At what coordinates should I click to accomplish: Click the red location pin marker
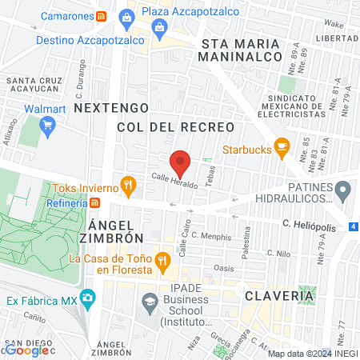coord(181,163)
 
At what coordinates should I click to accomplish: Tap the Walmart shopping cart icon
coord(47,124)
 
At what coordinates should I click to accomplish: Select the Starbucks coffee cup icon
coord(281,146)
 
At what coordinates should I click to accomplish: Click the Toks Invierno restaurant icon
coord(128,188)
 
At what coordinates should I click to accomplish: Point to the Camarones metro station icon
coord(100,16)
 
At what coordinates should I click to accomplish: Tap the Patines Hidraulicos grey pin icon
coord(343,191)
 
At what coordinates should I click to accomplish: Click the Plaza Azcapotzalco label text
coord(186,12)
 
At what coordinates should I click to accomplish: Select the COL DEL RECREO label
coord(175,127)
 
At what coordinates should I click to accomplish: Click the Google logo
coord(26,350)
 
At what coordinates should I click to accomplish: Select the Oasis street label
coord(224,268)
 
